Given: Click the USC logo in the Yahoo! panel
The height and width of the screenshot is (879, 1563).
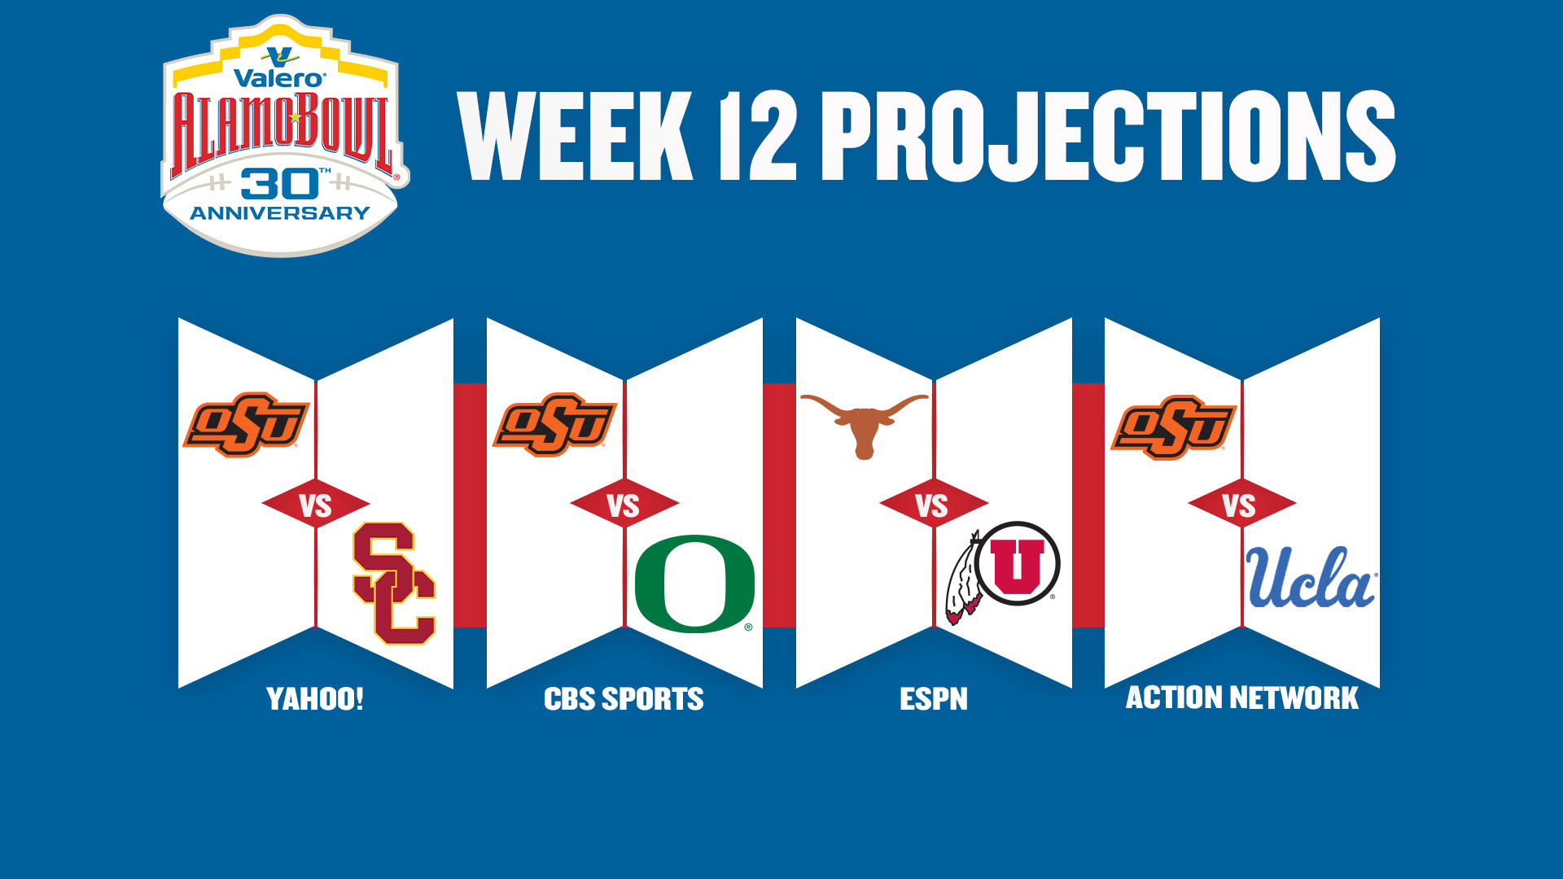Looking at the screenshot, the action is (395, 584).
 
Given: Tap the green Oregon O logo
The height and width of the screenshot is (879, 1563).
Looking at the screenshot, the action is (694, 584).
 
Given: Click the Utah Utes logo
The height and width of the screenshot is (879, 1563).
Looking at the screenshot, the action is (1003, 572).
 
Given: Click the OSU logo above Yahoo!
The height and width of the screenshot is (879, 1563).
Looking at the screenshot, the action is (246, 425).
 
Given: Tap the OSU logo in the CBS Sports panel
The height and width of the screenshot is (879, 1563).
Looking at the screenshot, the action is (554, 425).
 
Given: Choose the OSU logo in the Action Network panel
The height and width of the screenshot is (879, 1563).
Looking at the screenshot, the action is (1174, 427).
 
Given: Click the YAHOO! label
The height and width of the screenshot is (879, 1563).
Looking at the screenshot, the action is (315, 699).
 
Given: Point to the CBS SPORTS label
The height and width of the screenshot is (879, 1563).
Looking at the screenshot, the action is (624, 699).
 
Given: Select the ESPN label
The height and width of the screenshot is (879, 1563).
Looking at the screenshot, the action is (934, 699).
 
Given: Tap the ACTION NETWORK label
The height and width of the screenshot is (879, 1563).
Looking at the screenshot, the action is (1242, 698).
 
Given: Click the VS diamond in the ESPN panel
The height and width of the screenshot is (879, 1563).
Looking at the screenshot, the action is (933, 505).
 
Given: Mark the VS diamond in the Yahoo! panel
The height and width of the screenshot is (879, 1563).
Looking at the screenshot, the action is (315, 505).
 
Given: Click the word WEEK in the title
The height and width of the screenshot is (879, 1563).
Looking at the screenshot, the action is (576, 135).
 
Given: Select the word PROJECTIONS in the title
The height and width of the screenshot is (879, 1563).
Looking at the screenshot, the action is (1109, 135).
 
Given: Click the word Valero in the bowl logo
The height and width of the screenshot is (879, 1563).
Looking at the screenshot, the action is (279, 78).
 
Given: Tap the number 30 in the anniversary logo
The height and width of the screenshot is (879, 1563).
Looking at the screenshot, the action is (279, 184).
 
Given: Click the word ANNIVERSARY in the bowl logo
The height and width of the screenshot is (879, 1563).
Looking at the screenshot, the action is (280, 213).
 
